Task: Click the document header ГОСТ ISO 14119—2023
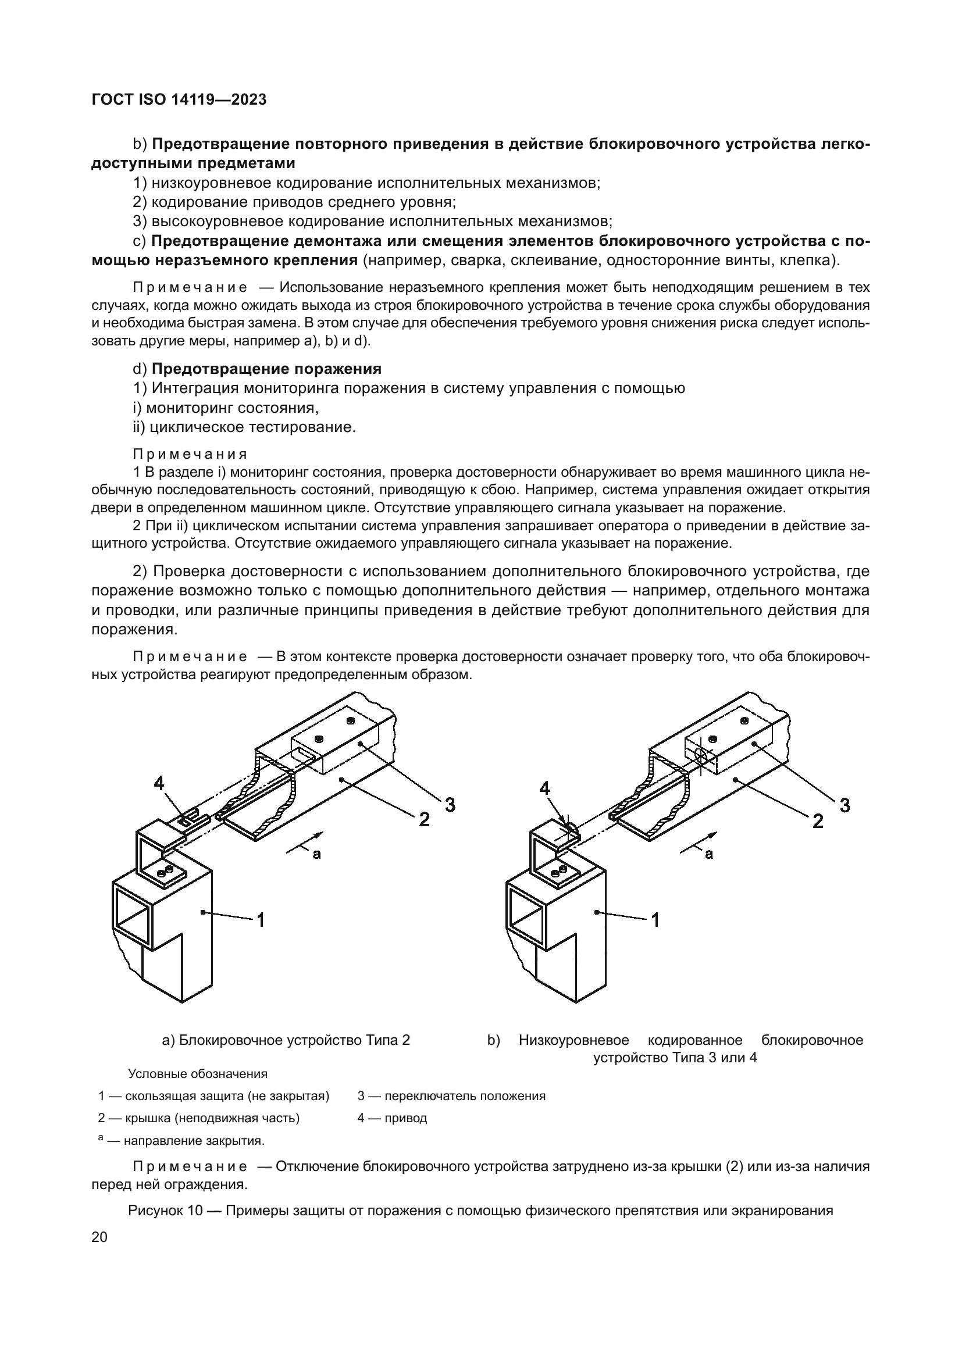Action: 179,99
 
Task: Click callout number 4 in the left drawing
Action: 159,784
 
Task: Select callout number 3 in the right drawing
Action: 845,805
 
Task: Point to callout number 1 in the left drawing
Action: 260,920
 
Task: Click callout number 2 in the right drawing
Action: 817,821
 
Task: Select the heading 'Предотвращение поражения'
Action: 266,369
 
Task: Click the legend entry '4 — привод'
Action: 392,1118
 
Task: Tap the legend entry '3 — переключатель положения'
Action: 451,1095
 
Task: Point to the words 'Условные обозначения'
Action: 198,1073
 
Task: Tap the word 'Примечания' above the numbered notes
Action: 190,454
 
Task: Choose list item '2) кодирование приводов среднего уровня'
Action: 294,202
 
